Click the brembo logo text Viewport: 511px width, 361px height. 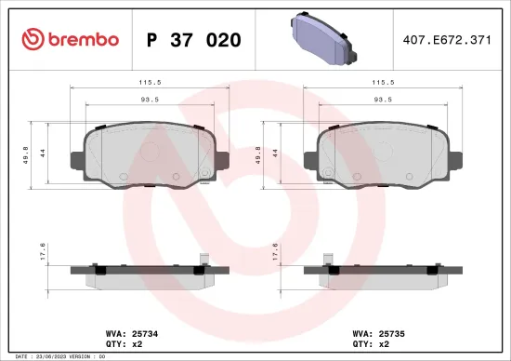[x=79, y=39]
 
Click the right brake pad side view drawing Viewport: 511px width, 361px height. [x=384, y=273]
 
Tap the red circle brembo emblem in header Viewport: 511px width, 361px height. [x=33, y=39]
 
